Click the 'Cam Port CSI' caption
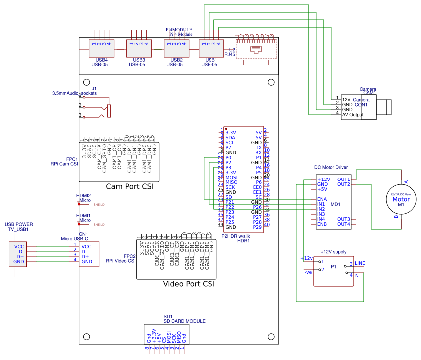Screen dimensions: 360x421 pos(129,186)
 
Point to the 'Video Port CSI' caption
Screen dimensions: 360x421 pos(189,284)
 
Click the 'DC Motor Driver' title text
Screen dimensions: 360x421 pos(331,167)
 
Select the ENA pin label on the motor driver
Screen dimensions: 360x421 pos(322,199)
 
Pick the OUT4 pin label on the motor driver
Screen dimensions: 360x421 pos(343,224)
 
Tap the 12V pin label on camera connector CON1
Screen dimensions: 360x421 pos(346,100)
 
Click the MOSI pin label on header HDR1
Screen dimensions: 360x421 pos(231,178)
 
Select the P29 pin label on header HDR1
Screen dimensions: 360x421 pos(257,227)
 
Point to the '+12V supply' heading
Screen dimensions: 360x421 pos(333,252)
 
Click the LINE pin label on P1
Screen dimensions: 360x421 pos(360,263)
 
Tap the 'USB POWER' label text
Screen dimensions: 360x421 pos(19,224)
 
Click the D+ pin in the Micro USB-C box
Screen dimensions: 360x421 pos(84,256)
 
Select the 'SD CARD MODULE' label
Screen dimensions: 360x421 pos(185,321)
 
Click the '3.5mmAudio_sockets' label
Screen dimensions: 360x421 pos(74,93)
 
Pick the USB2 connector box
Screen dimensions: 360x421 pos(174,49)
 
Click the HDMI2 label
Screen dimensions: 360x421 pos(83,196)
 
